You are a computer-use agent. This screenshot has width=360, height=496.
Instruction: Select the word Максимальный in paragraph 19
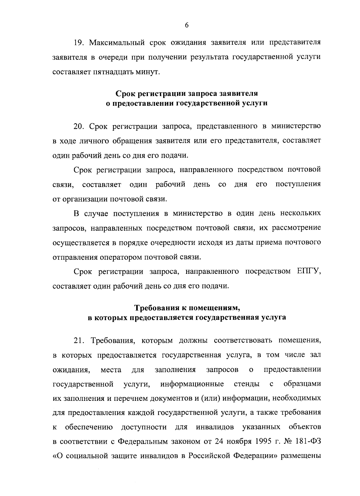[117, 42]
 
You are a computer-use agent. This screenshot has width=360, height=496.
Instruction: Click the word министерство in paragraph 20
[296, 126]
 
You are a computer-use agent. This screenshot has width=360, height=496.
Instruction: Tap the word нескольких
[300, 213]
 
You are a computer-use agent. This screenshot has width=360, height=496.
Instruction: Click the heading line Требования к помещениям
[187, 308]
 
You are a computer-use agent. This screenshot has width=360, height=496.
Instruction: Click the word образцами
[302, 384]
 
